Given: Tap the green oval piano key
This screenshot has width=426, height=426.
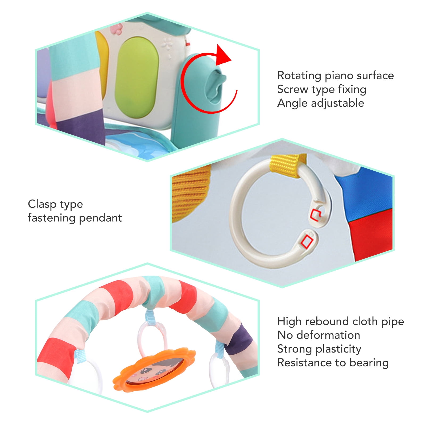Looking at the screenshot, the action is coord(137,77).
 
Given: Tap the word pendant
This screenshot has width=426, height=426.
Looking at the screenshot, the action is coord(101,218).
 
